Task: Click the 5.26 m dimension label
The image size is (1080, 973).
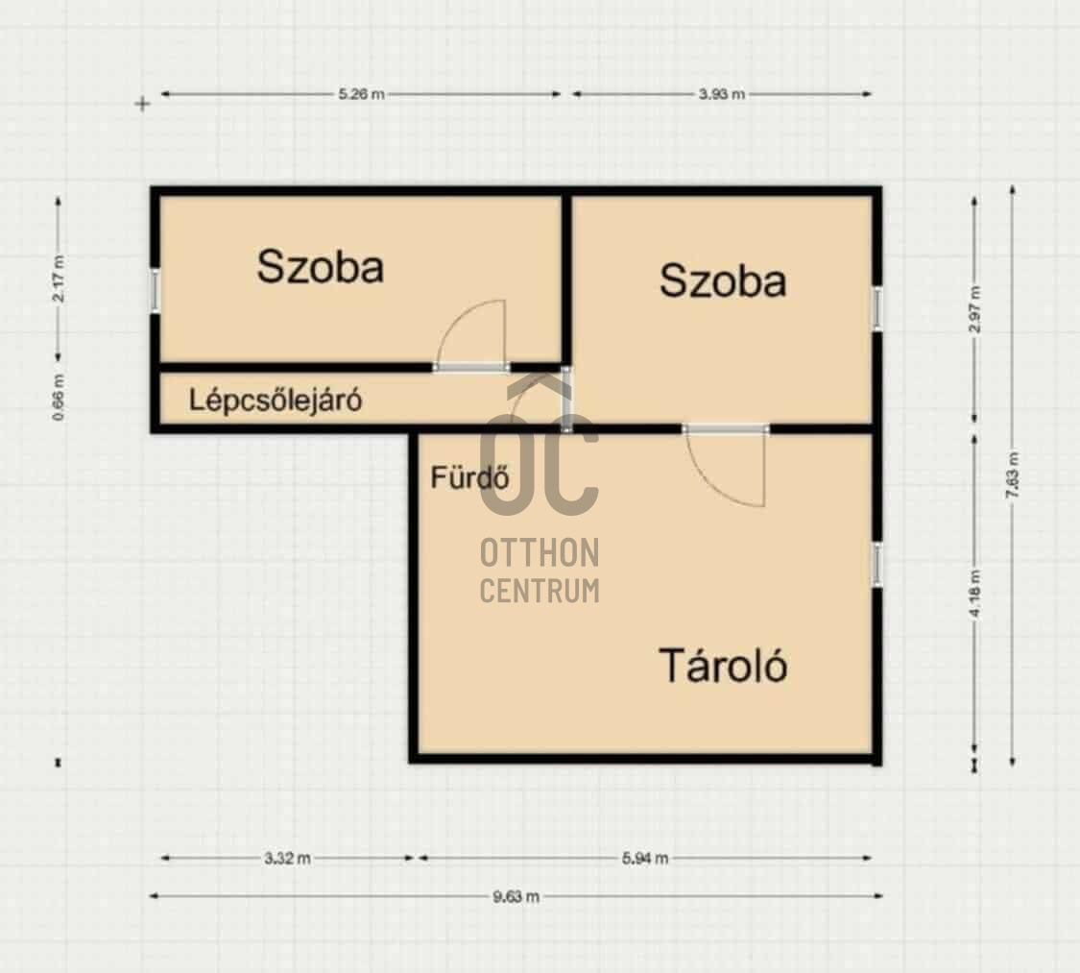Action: (x=361, y=94)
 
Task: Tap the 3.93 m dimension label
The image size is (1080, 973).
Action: (x=721, y=94)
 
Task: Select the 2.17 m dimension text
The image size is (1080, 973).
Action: (x=60, y=279)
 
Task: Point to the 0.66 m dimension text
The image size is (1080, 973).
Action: (x=60, y=398)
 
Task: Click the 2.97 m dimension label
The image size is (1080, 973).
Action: (x=974, y=308)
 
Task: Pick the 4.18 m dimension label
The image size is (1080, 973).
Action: (x=974, y=594)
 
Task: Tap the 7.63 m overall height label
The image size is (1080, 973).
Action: (x=1012, y=474)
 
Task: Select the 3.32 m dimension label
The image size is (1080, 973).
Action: (x=287, y=858)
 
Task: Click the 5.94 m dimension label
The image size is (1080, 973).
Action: (x=645, y=858)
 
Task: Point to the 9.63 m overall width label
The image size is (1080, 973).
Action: (x=516, y=896)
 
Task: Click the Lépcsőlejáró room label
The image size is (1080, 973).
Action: (x=276, y=401)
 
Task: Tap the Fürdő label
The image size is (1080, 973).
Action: (x=469, y=476)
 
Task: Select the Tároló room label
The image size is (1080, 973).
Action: (x=723, y=666)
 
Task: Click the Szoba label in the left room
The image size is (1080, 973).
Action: (x=321, y=267)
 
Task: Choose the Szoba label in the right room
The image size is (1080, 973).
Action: (x=723, y=280)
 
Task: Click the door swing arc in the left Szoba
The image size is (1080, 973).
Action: (x=455, y=318)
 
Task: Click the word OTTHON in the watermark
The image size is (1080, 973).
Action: (x=540, y=552)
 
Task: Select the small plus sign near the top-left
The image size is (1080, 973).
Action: (x=143, y=104)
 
